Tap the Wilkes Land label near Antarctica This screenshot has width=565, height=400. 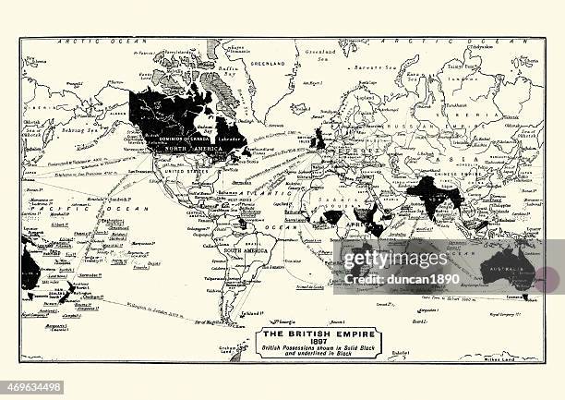520,357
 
